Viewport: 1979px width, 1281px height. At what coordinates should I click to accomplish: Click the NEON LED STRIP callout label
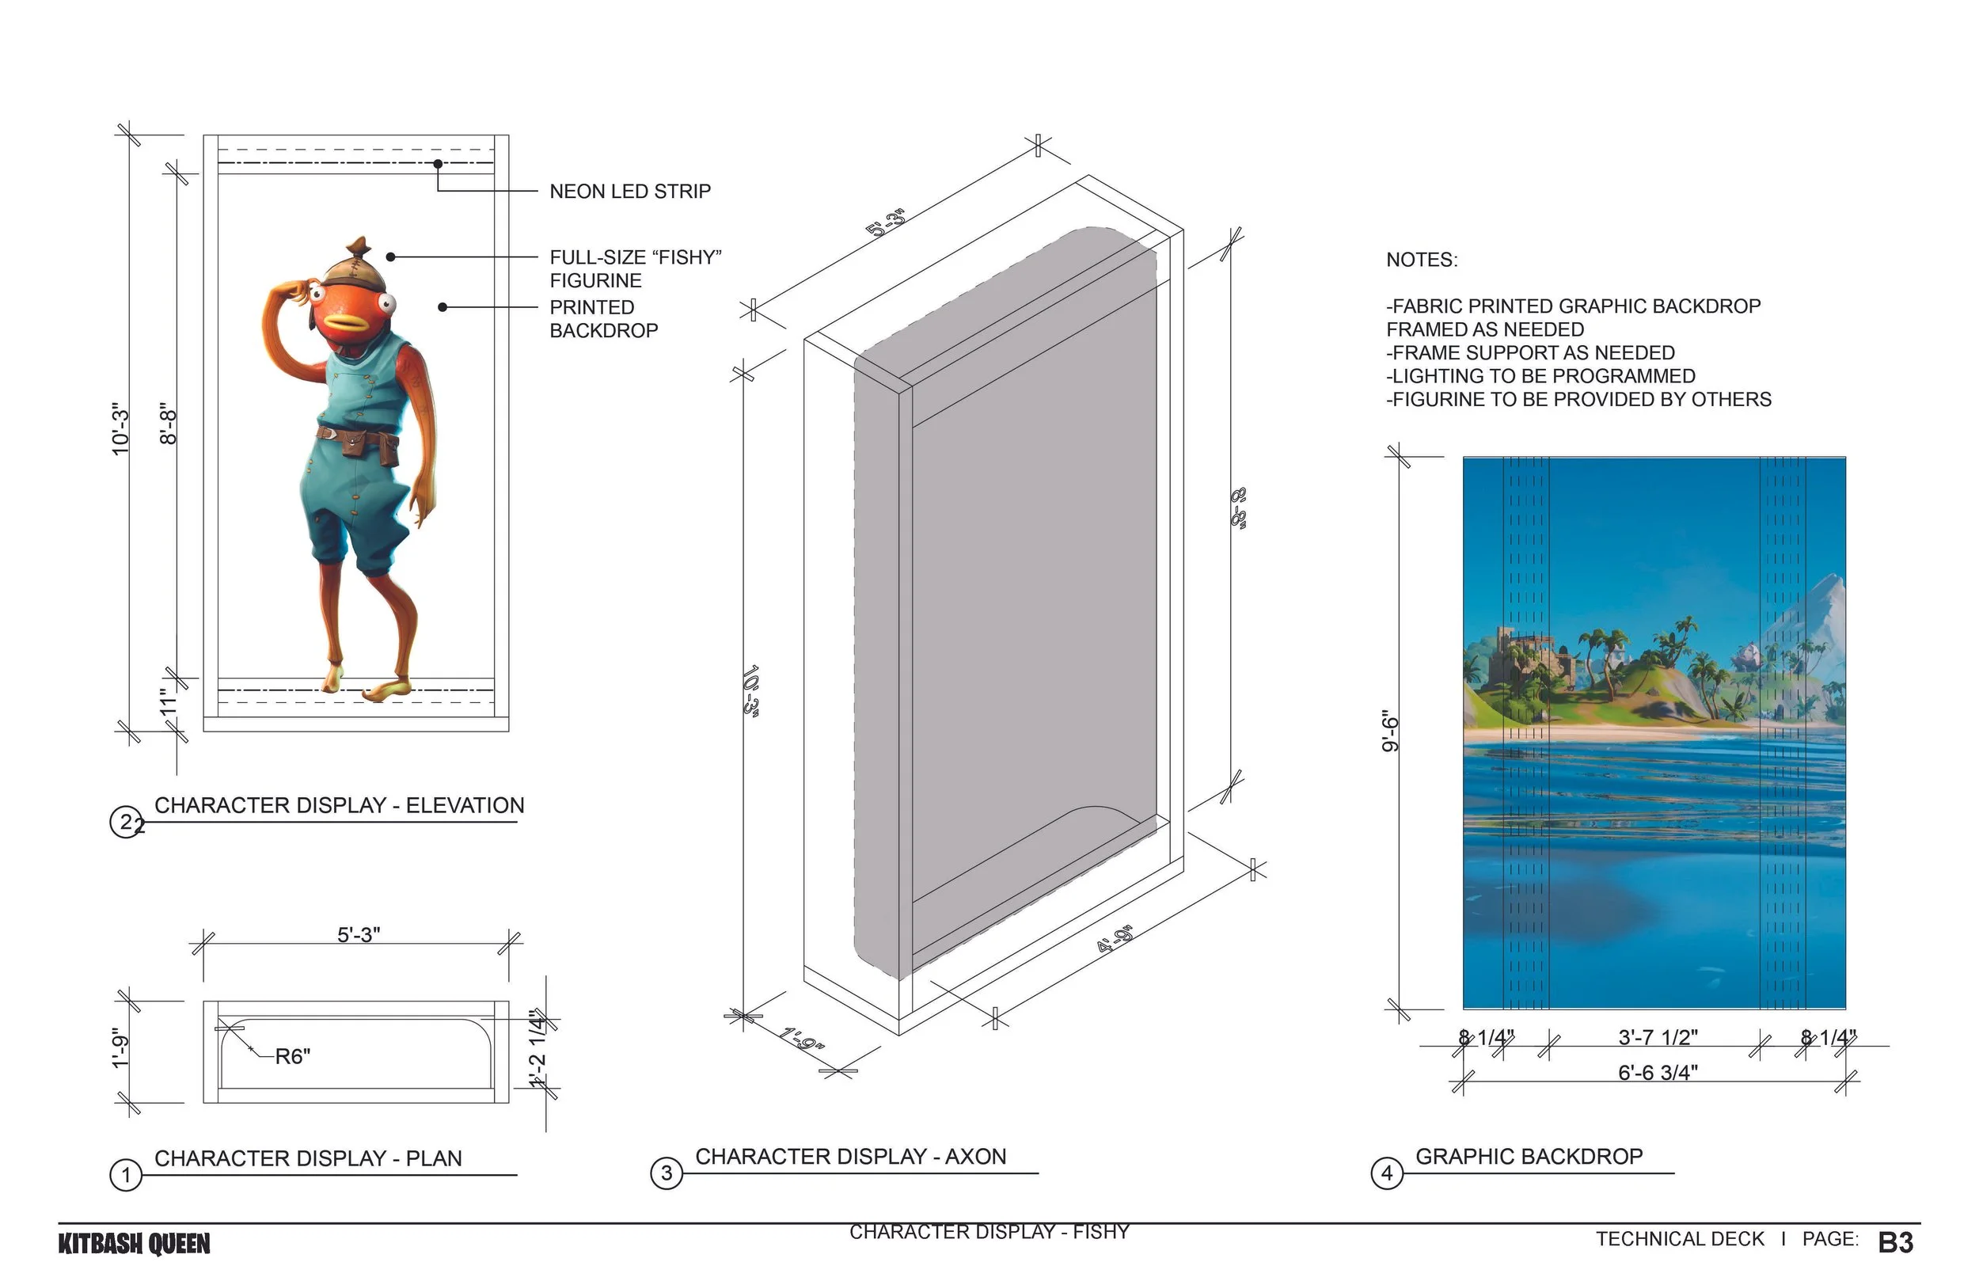coord(629,192)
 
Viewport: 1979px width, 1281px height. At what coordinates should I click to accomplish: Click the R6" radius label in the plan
coord(292,1056)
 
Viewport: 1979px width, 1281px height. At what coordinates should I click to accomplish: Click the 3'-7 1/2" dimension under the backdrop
coord(1657,1037)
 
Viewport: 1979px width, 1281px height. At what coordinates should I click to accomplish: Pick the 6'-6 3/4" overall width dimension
coord(1657,1073)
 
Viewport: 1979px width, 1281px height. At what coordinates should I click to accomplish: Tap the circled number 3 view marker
coord(666,1173)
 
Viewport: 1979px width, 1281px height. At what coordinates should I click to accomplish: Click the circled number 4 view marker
coord(1386,1173)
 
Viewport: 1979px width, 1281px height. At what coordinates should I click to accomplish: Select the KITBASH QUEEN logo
coord(134,1245)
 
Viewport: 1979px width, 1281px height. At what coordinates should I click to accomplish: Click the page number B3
coord(1895,1243)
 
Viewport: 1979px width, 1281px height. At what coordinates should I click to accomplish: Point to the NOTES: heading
coord(1421,260)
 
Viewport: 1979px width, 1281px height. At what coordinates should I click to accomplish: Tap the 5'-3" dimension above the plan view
coord(359,935)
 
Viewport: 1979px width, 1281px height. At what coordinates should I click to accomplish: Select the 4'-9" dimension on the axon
coord(1115,939)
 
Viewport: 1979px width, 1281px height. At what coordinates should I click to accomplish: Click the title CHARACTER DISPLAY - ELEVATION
coord(340,805)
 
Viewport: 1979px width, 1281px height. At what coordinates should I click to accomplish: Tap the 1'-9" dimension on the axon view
coord(802,1039)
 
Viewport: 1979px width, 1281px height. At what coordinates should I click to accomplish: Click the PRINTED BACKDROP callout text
coord(603,319)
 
